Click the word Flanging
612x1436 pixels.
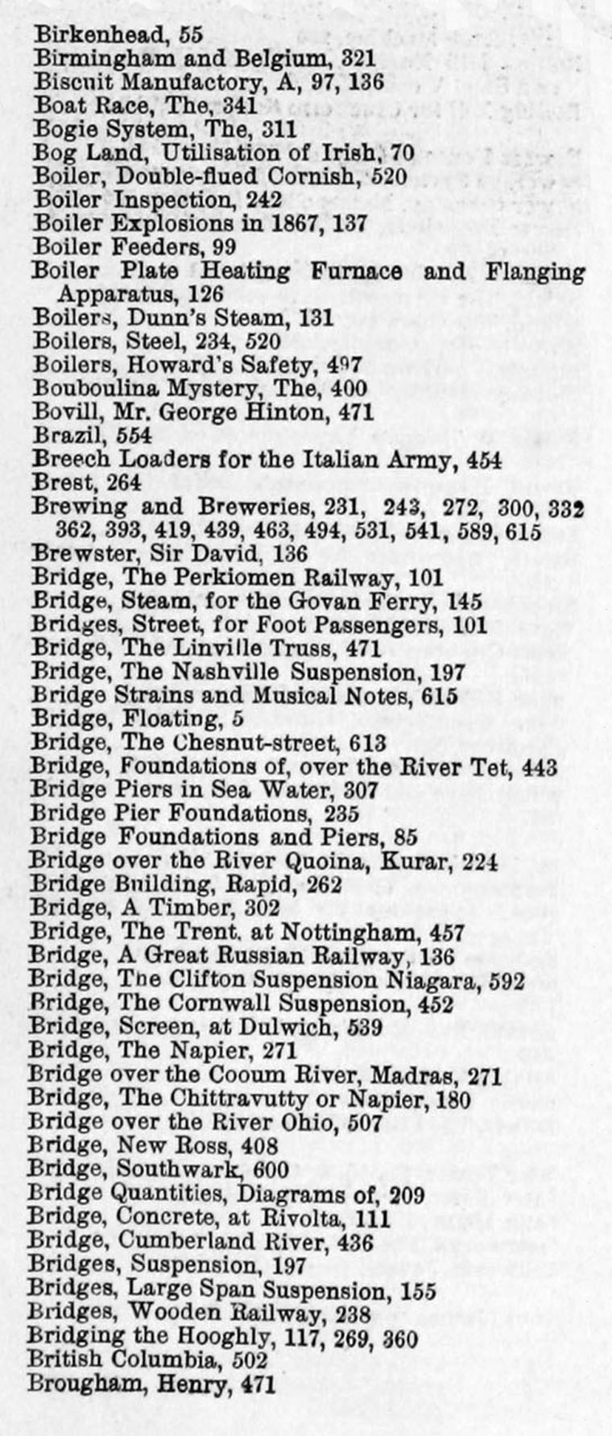pyautogui.click(x=535, y=271)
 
